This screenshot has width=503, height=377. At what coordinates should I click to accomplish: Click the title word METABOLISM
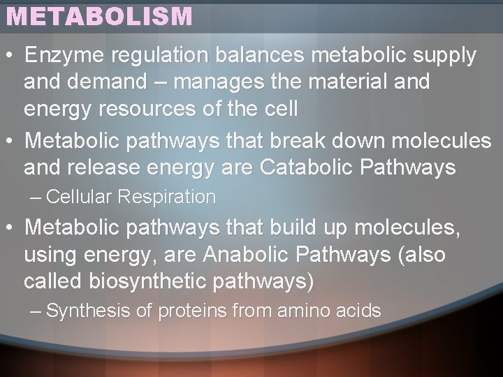(x=99, y=16)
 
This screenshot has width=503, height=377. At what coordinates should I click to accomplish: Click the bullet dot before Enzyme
(x=10, y=55)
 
